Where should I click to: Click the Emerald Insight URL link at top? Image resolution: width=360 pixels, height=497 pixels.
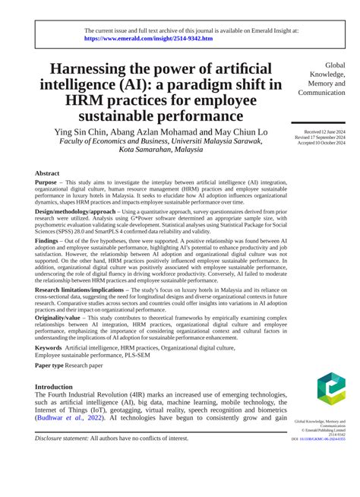tap(148, 37)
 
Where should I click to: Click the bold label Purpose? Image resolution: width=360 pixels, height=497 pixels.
tap(46, 183)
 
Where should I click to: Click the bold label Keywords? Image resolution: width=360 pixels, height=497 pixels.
tap(49, 347)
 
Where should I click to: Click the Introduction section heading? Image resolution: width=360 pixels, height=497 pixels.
tap(59, 387)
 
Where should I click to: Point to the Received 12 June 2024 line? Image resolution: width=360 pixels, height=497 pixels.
tap(325, 131)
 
